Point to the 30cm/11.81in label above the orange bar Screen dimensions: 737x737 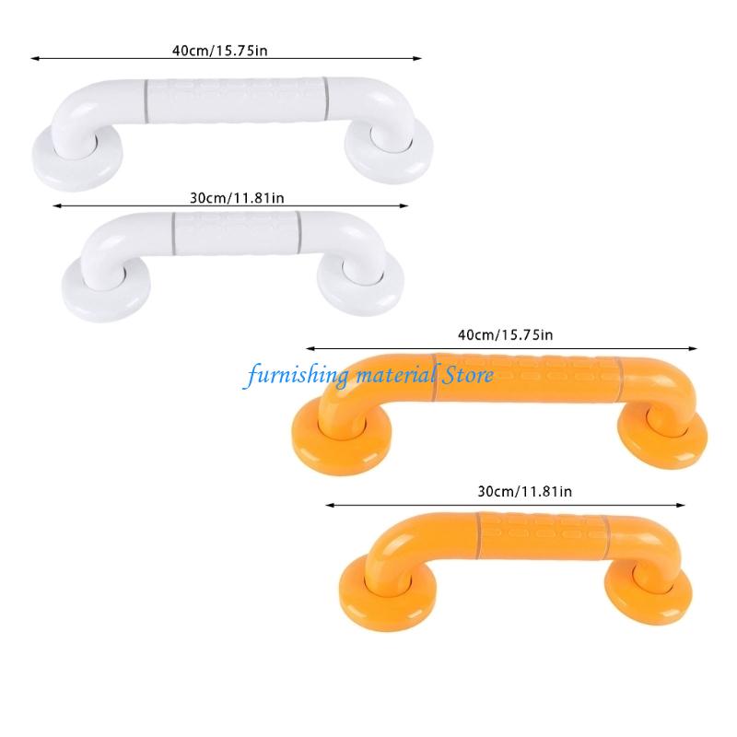coord(517,492)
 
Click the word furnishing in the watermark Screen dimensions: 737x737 coord(290,375)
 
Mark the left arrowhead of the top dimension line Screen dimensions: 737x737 coord(34,59)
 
